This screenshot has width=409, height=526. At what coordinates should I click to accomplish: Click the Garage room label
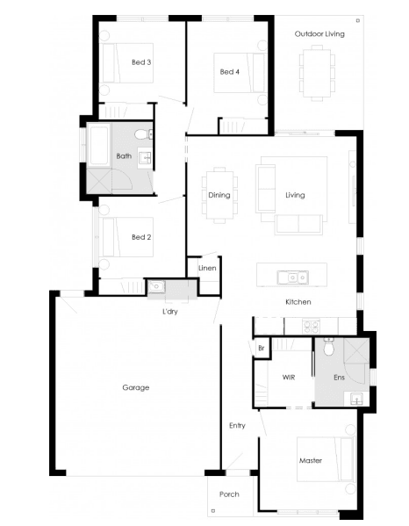click(135, 387)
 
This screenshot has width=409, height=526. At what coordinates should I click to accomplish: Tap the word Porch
click(229, 494)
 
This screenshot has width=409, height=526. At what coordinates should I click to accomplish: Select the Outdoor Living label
click(319, 34)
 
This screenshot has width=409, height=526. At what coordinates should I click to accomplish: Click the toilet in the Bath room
click(143, 135)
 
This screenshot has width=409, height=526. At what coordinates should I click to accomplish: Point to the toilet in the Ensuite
click(329, 346)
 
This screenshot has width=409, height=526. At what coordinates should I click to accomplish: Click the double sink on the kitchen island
click(292, 277)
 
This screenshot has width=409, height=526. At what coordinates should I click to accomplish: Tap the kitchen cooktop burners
click(311, 327)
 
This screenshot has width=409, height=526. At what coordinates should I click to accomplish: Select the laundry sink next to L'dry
click(156, 286)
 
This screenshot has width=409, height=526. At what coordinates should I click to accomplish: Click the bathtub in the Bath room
click(99, 145)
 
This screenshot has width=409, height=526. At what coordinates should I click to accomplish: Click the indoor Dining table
click(219, 195)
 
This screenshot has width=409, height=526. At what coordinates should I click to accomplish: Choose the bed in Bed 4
click(240, 73)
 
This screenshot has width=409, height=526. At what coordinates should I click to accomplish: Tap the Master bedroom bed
click(326, 459)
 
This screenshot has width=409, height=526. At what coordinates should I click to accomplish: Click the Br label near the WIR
click(262, 349)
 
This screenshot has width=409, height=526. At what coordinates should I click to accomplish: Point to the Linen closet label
click(207, 268)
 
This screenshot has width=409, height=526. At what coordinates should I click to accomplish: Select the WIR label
click(289, 378)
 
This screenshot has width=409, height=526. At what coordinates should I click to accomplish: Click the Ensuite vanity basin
click(356, 399)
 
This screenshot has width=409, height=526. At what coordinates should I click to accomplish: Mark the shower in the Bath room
click(99, 181)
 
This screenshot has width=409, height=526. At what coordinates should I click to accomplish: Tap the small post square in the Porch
click(213, 511)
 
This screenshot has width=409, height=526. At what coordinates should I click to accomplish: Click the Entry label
click(237, 426)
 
